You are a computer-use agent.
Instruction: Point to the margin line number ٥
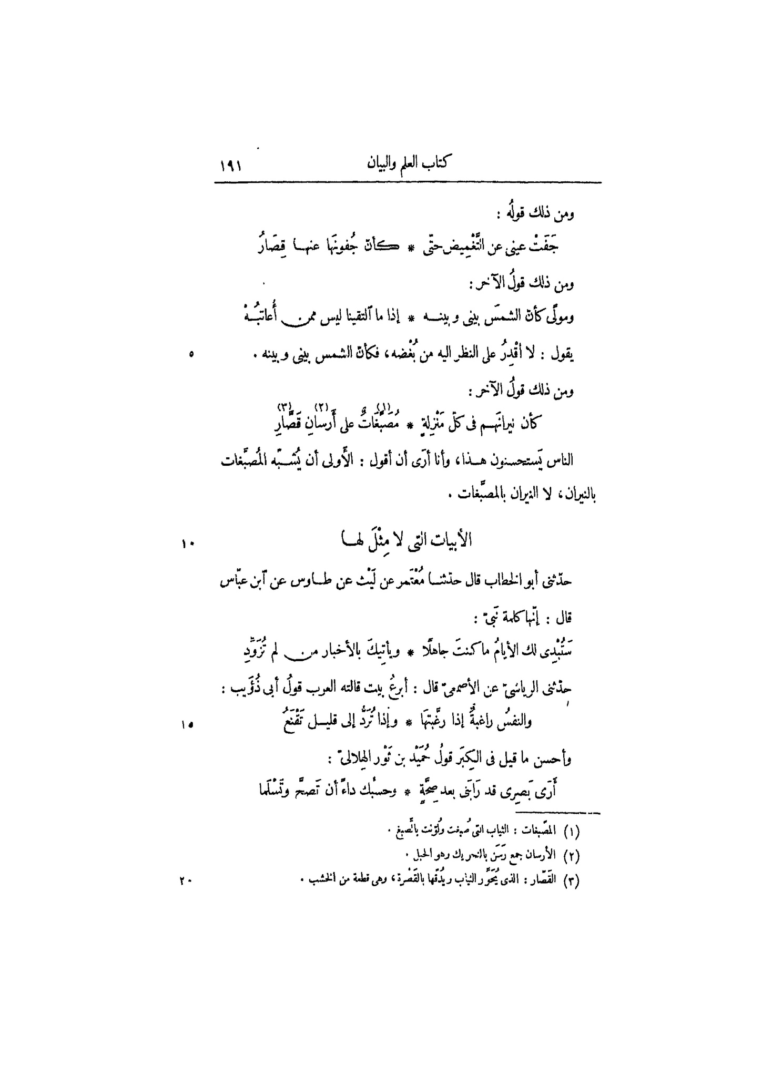(191, 355)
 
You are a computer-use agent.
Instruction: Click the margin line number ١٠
(188, 544)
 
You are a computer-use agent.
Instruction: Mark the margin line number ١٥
(188, 724)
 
